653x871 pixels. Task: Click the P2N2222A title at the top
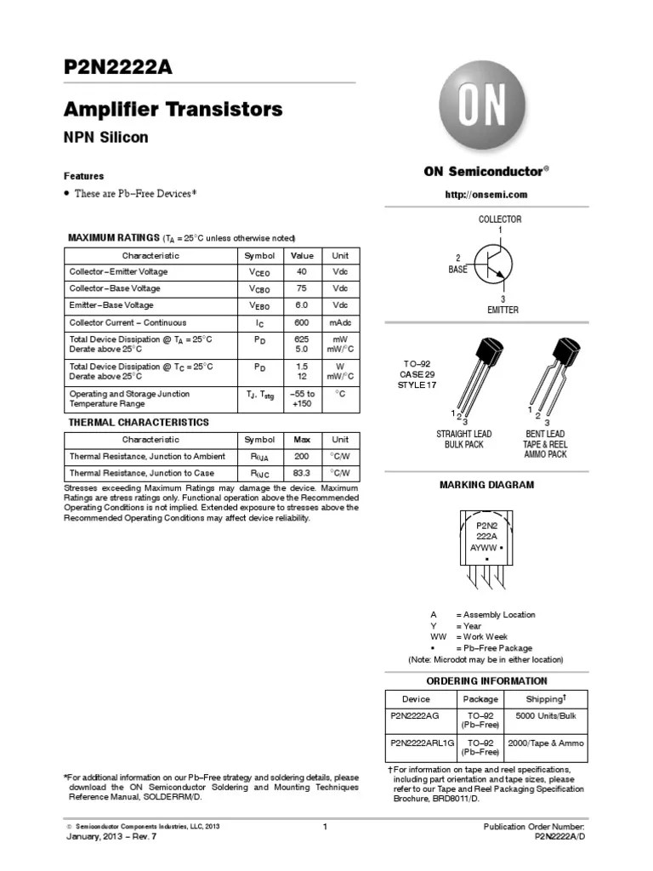[x=118, y=68]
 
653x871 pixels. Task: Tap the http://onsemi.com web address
[x=487, y=194]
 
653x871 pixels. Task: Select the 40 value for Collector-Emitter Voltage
[x=302, y=272]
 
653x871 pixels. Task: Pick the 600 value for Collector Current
[x=302, y=323]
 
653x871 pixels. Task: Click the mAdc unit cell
[x=340, y=323]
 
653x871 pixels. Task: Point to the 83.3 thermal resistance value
[x=302, y=473]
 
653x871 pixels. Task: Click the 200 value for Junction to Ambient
[x=302, y=457]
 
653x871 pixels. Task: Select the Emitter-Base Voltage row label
[x=111, y=305]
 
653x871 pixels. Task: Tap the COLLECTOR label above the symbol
[x=500, y=219]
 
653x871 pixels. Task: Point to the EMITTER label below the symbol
[x=503, y=310]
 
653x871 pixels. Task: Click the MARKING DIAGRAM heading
[x=486, y=485]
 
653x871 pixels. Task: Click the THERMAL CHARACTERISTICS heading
[x=138, y=422]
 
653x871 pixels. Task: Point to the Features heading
[x=84, y=176]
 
